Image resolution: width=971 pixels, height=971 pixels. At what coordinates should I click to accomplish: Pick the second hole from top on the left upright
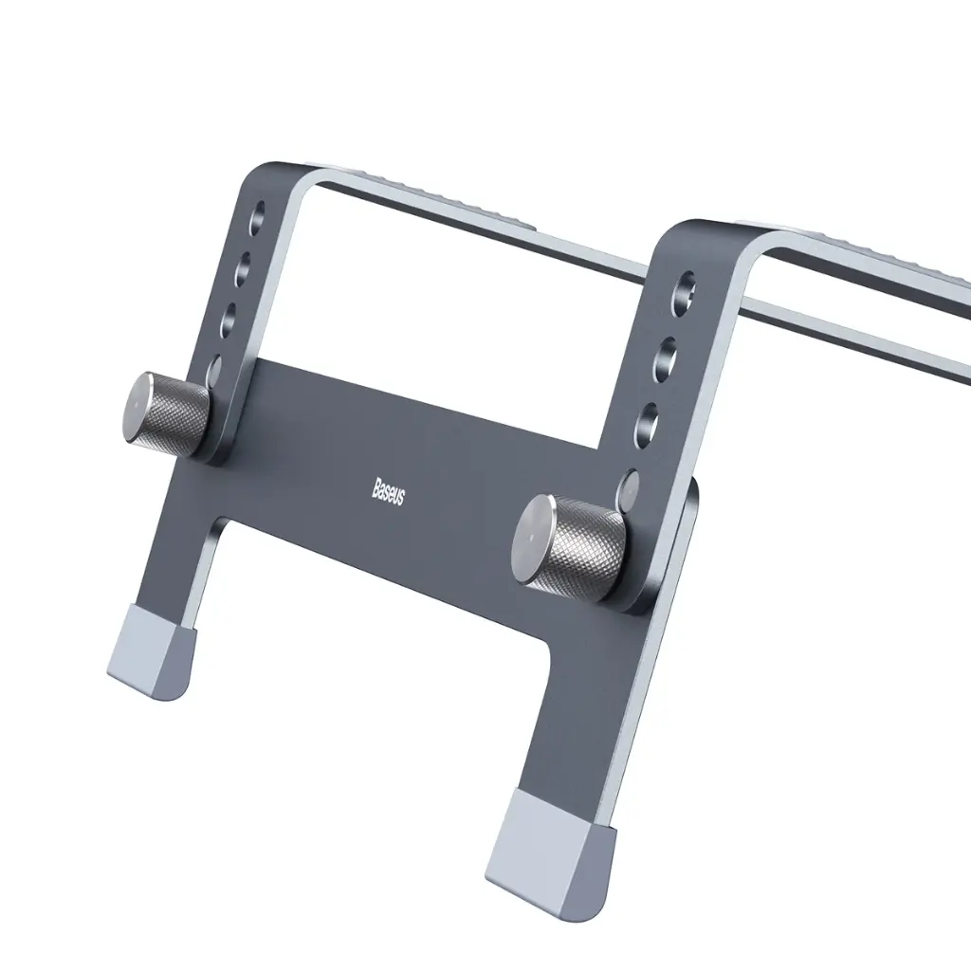pyautogui.click(x=244, y=260)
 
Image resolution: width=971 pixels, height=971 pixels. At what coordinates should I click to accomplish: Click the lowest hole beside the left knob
pyautogui.click(x=214, y=368)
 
